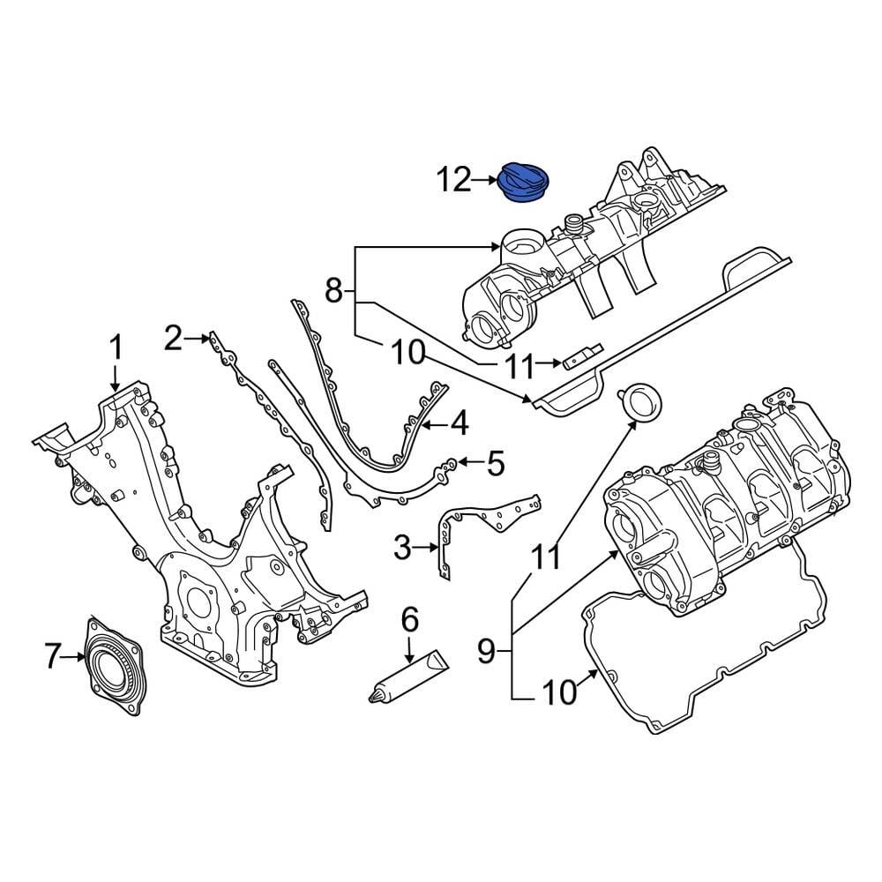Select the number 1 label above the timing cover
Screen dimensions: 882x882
coord(116,347)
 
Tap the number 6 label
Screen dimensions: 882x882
coord(409,621)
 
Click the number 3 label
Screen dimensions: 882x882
coord(402,549)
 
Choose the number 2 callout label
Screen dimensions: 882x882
coord(173,336)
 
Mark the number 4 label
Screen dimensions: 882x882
coord(459,424)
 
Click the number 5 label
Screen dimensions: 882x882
coord(495,461)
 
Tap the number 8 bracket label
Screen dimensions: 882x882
coord(333,290)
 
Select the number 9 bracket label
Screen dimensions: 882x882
coord(486,652)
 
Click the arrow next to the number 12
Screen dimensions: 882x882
coord(486,181)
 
